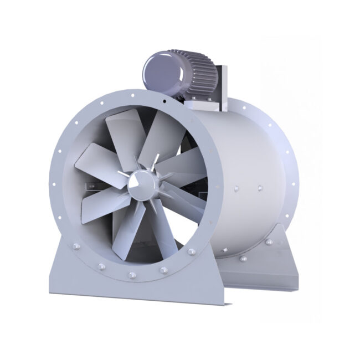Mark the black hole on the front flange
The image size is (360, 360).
click(164, 104)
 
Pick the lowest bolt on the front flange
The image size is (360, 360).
click(132, 275)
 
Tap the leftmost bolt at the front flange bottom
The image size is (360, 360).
click(101, 266)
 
